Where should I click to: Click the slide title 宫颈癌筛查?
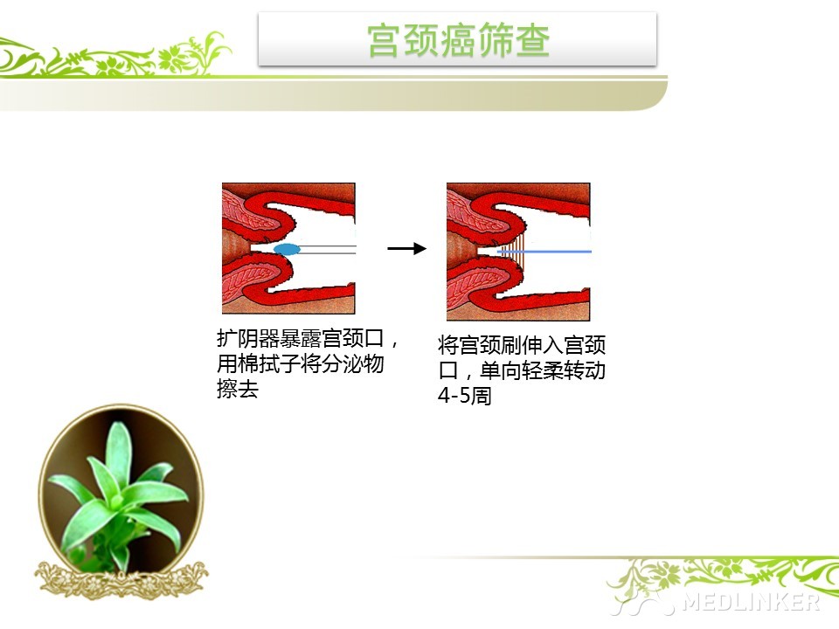(459, 40)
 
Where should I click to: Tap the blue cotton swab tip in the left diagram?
(287, 249)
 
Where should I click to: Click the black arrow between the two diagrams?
(406, 248)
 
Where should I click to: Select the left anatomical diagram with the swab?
(289, 248)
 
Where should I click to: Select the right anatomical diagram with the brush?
(518, 252)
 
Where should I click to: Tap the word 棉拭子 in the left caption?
(268, 363)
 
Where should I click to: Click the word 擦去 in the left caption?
(238, 389)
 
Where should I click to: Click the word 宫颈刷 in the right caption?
(490, 345)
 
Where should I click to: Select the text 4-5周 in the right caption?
(464, 396)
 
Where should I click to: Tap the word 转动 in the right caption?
(585, 370)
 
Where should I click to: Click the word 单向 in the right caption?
(501, 370)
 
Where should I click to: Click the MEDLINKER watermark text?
(752, 602)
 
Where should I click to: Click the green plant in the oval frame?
(119, 494)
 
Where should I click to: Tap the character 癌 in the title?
(459, 40)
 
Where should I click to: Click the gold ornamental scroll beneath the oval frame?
(121, 580)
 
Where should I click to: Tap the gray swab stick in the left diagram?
(328, 249)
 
